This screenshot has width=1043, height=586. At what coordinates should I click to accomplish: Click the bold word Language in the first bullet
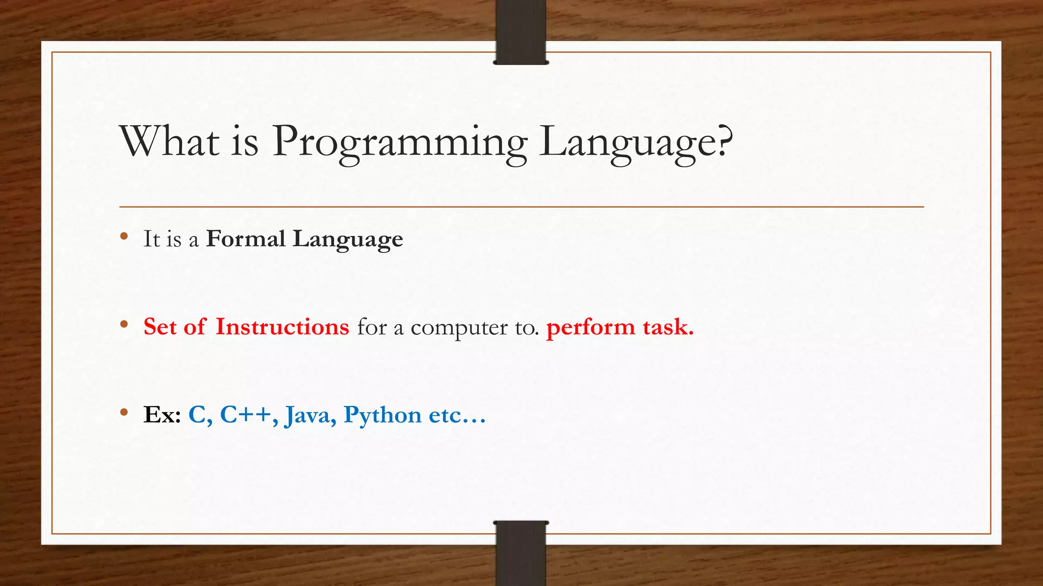(347, 240)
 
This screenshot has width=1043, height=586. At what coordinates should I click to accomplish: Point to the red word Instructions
(282, 327)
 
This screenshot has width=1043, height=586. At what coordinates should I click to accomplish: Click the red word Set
(160, 327)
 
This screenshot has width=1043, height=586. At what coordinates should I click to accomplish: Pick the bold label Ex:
(162, 415)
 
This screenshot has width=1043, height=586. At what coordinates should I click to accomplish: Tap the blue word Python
(382, 416)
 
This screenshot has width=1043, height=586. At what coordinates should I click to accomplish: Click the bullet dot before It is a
(124, 236)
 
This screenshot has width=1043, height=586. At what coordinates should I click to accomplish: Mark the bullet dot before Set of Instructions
(124, 324)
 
